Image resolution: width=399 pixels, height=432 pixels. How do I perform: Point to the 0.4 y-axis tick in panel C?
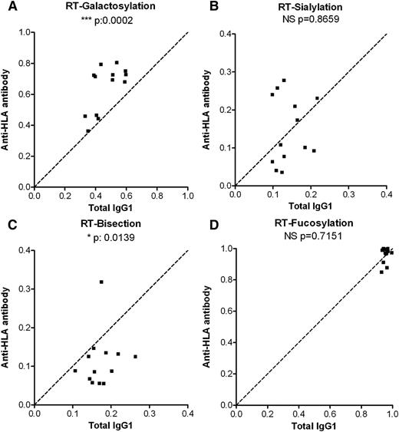click(x=26, y=250)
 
